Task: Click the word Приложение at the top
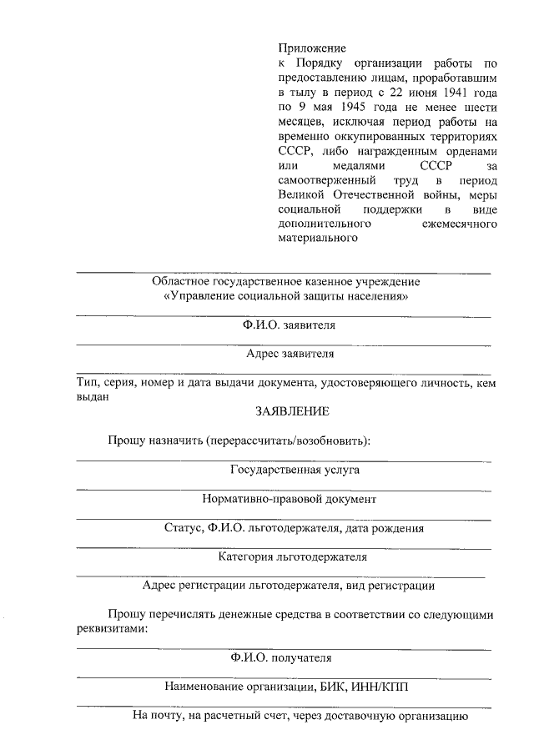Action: point(312,48)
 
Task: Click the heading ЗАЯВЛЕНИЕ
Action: point(292,411)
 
